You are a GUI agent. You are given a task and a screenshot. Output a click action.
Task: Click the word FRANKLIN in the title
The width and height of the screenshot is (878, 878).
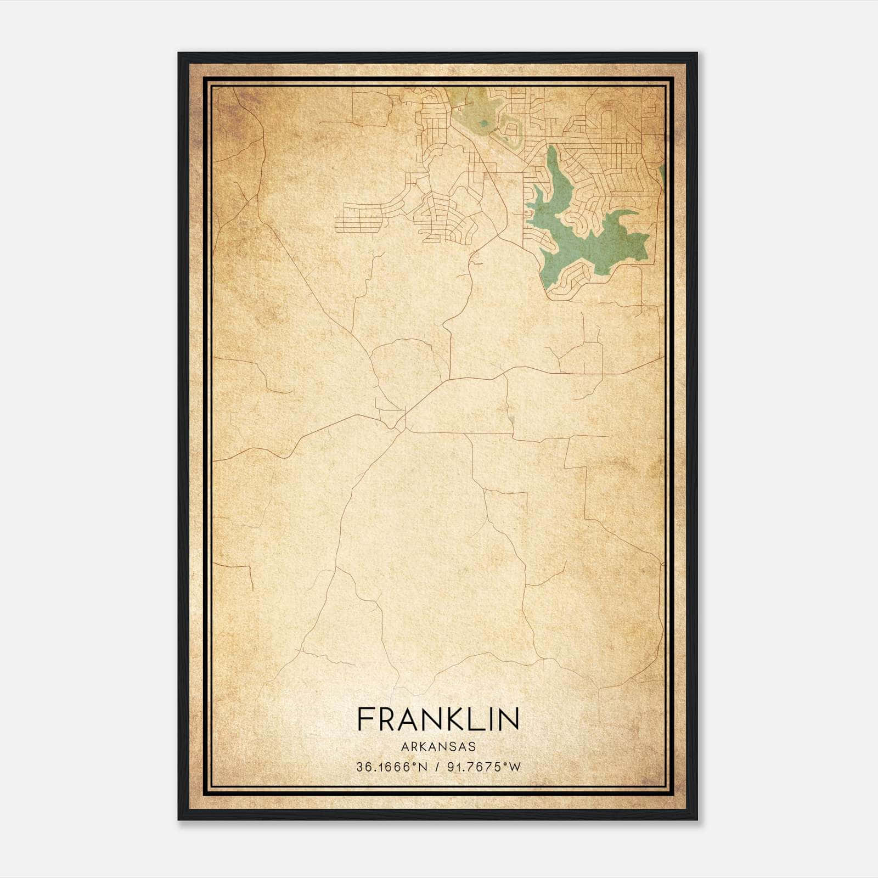(x=438, y=719)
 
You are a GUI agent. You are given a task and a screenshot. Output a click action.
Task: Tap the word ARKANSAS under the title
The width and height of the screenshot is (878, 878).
(x=438, y=747)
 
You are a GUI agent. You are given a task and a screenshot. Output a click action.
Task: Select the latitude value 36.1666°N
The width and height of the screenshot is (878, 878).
(x=391, y=767)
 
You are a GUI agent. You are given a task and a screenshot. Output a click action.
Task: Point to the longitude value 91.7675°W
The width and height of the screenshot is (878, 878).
(x=483, y=767)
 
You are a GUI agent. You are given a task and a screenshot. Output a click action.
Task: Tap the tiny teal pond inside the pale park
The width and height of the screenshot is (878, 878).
(x=483, y=123)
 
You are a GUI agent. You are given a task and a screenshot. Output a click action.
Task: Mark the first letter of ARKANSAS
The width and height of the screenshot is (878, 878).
(x=404, y=747)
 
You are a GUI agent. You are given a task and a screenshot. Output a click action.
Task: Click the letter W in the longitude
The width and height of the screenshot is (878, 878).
(x=514, y=767)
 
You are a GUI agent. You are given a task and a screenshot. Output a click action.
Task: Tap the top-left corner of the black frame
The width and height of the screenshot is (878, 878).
(x=179, y=54)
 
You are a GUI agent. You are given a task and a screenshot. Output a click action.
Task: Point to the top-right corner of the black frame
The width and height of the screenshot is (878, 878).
(x=696, y=54)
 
